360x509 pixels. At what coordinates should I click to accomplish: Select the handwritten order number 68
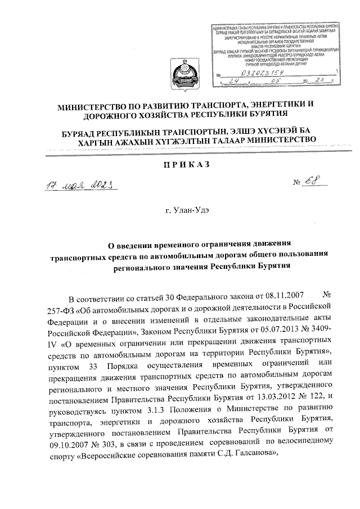[x=308, y=182]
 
